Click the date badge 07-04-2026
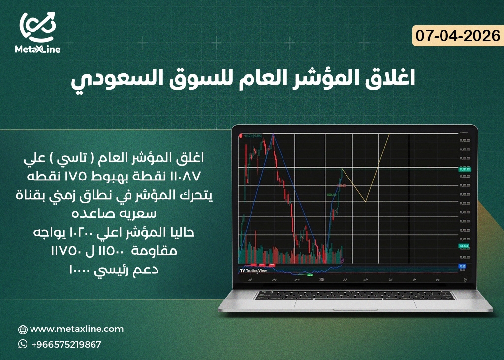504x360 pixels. pos(457,36)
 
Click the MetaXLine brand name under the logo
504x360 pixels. pos(38,50)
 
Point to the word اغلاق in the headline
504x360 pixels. pos(389,78)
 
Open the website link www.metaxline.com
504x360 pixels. pos(77,329)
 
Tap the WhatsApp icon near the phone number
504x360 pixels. pos(23,344)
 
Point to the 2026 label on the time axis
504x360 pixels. pos(322,279)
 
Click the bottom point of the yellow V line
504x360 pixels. pos(365,201)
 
